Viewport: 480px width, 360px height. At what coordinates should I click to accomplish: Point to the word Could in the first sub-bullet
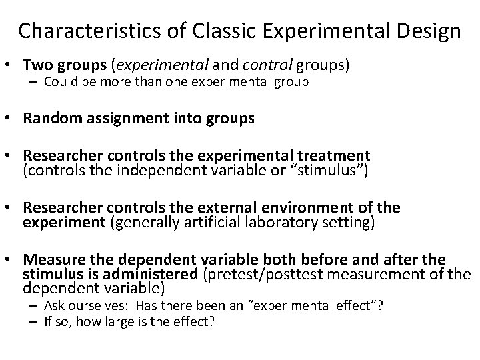[59, 83]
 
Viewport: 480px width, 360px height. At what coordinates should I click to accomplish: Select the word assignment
[119, 119]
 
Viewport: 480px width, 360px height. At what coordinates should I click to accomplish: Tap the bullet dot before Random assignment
[13, 119]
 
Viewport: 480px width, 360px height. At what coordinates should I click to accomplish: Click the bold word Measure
[52, 259]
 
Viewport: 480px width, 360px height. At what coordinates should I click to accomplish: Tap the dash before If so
[33, 321]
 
